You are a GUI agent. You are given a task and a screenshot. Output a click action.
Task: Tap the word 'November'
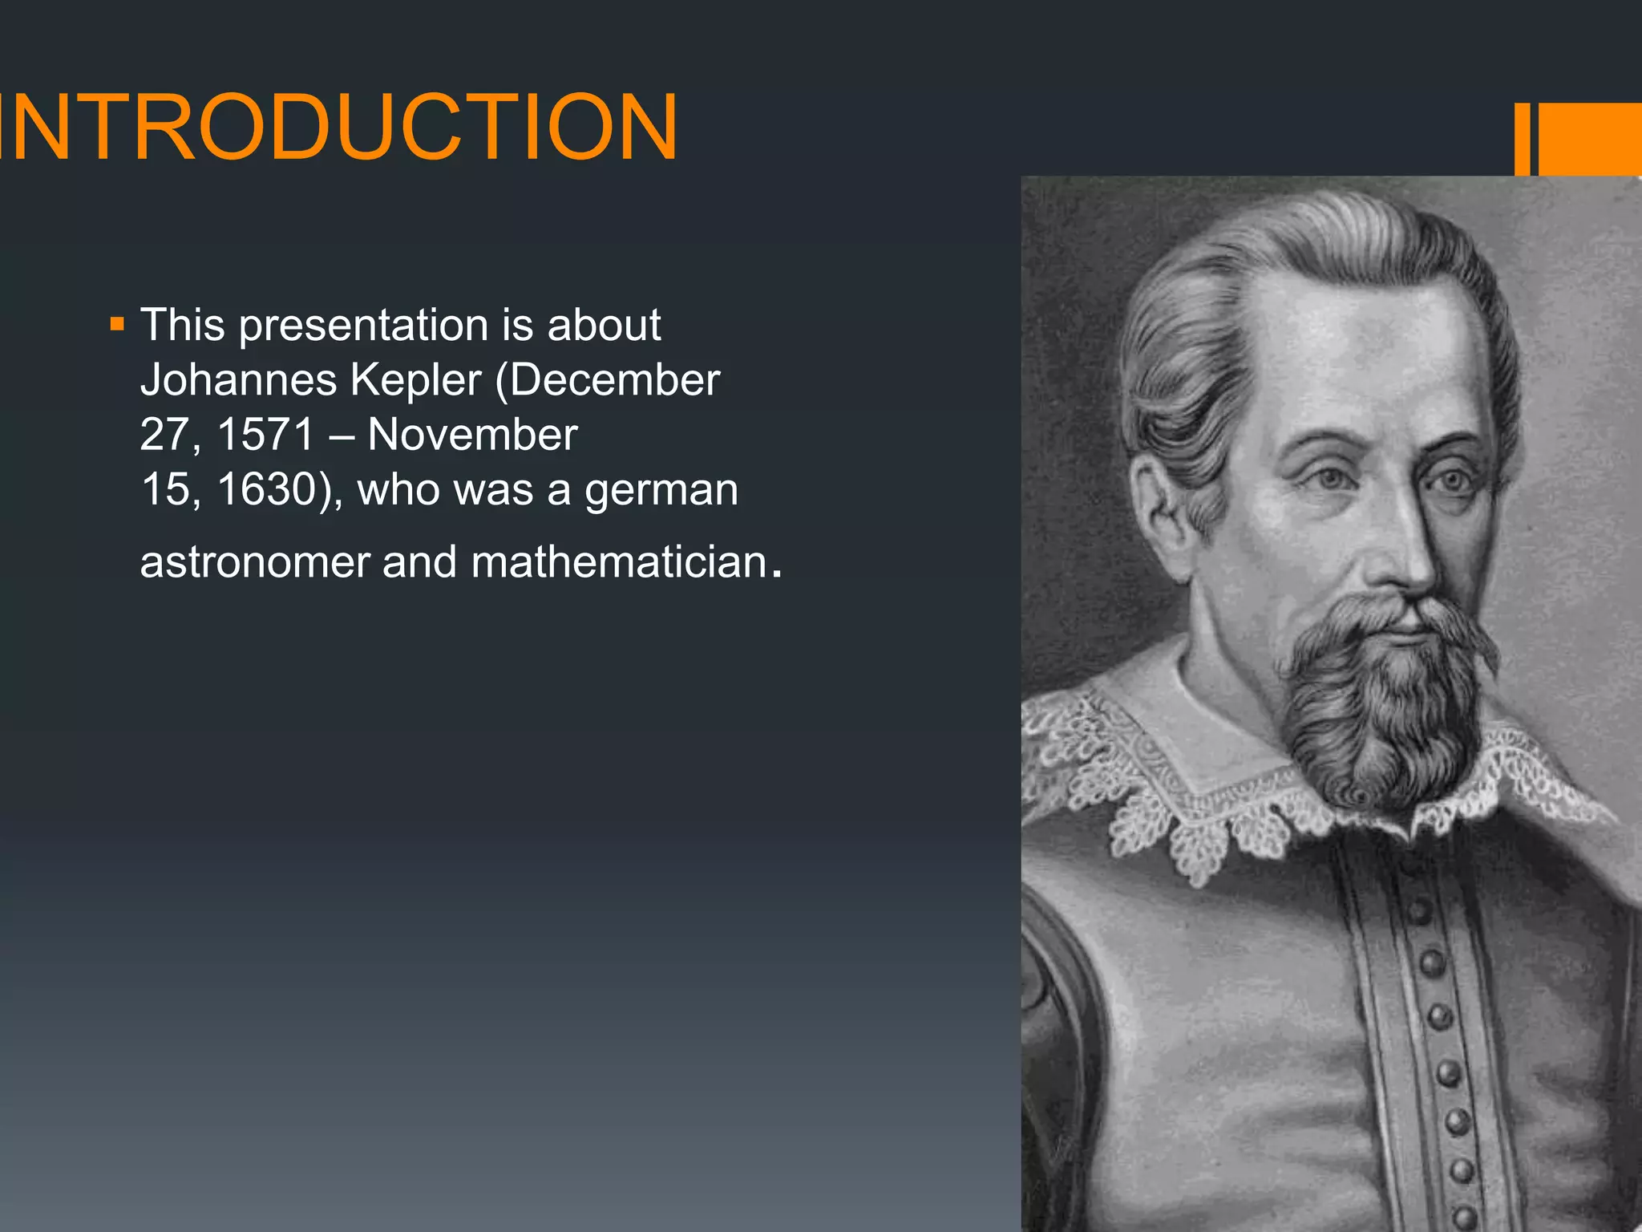coord(472,435)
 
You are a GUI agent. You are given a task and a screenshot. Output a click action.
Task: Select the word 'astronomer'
coord(254,561)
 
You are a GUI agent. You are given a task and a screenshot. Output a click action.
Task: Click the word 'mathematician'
coord(619,561)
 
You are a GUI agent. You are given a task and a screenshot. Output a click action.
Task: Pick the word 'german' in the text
coord(661,491)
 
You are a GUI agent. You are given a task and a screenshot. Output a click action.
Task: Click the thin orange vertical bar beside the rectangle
coord(1522,139)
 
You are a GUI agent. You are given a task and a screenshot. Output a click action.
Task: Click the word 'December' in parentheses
coord(615,380)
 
